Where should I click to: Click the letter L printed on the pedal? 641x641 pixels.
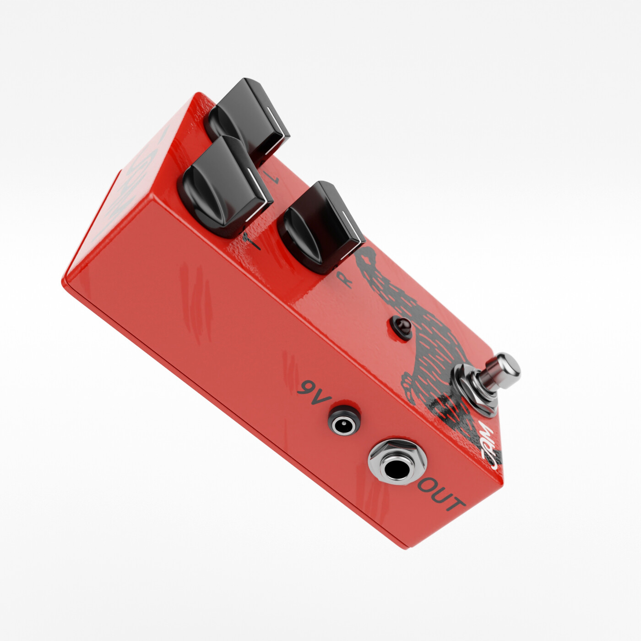pyautogui.click(x=273, y=178)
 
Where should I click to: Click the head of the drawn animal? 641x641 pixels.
pyautogui.click(x=369, y=256)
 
